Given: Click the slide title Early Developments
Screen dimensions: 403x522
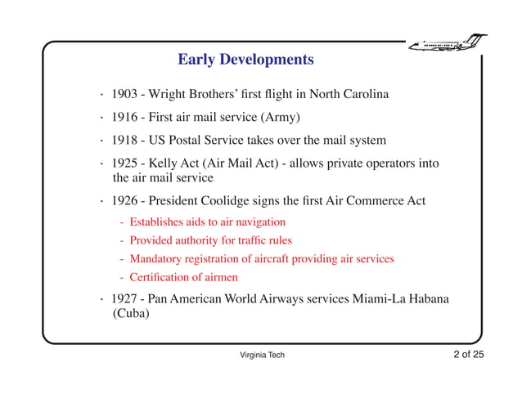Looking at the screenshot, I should coord(245,60).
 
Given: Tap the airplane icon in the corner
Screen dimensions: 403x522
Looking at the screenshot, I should coord(448,41).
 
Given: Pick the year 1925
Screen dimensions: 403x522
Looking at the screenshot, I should coord(126,163).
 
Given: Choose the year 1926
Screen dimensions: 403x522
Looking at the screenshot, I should coord(126,200).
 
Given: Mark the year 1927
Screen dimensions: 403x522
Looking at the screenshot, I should coord(126,298).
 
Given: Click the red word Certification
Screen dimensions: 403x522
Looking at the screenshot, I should coord(160,278).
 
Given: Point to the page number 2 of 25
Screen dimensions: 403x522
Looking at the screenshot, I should coord(469,354).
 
